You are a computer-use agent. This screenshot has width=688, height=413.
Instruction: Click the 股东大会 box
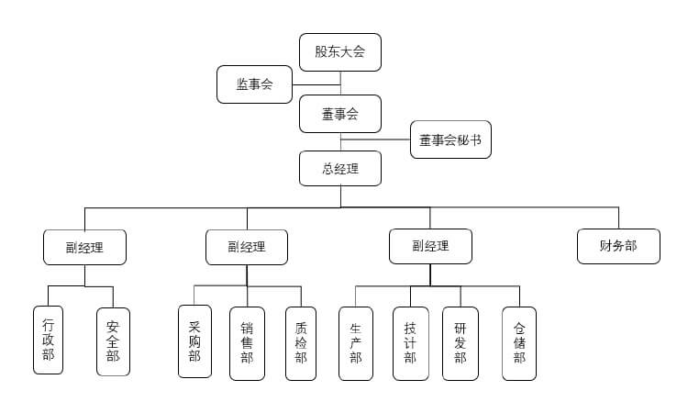click(x=339, y=51)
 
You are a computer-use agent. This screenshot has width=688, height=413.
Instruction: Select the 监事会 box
click(x=254, y=84)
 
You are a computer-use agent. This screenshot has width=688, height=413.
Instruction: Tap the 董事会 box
click(x=339, y=114)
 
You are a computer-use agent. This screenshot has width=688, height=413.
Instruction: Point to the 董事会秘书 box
click(x=449, y=140)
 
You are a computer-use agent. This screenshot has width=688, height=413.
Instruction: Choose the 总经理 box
click(x=339, y=169)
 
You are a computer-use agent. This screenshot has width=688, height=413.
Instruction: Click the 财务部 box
click(x=618, y=246)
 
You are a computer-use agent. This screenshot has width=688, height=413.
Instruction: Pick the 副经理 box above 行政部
click(x=84, y=247)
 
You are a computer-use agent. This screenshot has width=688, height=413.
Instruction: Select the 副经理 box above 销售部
click(x=247, y=247)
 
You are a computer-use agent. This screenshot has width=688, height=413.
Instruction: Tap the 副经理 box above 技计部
click(x=430, y=246)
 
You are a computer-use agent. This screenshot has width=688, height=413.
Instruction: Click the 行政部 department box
click(x=49, y=340)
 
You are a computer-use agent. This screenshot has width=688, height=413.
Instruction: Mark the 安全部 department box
click(x=113, y=341)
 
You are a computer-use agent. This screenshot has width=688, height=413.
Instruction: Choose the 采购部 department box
click(x=194, y=341)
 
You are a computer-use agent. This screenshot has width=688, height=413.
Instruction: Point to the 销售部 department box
click(x=247, y=343)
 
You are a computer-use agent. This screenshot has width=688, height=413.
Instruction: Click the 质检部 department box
click(x=301, y=343)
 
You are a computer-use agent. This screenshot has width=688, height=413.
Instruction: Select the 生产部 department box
click(x=356, y=343)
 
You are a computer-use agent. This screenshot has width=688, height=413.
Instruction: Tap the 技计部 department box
click(x=410, y=343)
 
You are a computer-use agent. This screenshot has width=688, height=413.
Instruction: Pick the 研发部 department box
click(x=460, y=343)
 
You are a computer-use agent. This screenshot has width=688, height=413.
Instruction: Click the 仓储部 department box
click(x=519, y=343)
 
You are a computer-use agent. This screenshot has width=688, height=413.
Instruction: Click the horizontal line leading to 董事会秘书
click(x=376, y=140)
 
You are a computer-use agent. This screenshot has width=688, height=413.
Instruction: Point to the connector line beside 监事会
click(x=316, y=84)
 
